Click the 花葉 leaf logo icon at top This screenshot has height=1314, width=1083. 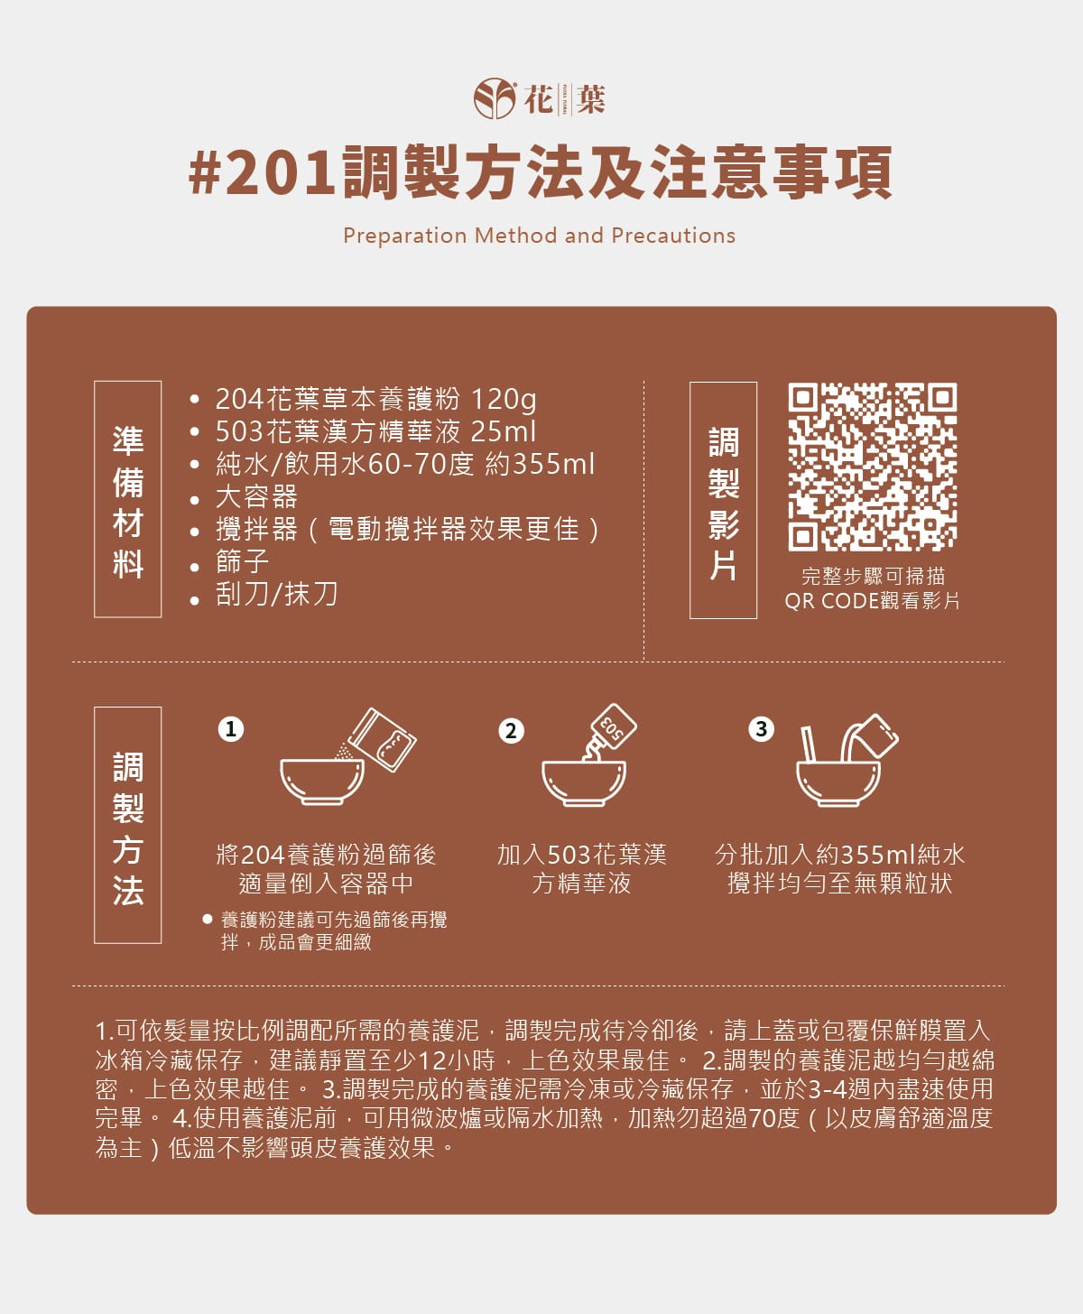495,98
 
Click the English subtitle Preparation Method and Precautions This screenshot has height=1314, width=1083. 539,236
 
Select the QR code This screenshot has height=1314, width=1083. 872,467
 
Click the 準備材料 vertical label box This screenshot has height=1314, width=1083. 128,499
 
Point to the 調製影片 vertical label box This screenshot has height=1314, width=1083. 723,500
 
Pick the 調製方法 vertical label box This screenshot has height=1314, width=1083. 128,825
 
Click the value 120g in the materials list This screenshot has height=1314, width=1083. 504,399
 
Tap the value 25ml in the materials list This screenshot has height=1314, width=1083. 504,431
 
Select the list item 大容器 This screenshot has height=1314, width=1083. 256,496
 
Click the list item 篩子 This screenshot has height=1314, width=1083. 242,561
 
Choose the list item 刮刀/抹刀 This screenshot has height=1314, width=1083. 276,594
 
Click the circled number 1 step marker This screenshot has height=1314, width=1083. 231,728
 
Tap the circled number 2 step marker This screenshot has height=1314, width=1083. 511,730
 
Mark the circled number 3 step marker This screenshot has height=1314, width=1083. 762,728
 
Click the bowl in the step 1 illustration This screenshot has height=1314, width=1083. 321,782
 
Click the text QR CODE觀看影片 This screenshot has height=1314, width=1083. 872,601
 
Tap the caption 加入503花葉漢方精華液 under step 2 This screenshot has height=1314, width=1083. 581,868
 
